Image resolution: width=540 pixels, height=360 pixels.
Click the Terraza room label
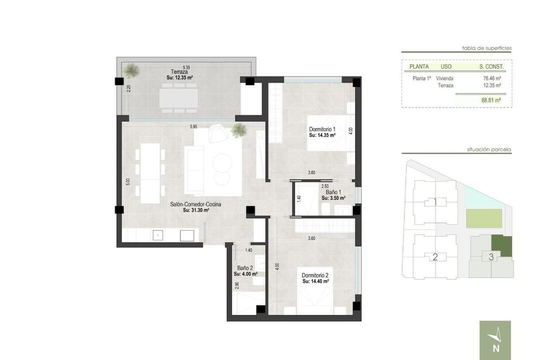[x=179, y=72]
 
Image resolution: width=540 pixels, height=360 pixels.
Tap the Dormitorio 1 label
[x=322, y=129]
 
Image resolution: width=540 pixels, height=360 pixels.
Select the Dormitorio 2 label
[x=315, y=275]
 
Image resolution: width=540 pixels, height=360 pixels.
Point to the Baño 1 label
[x=333, y=192]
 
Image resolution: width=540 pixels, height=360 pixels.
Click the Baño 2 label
[x=245, y=268]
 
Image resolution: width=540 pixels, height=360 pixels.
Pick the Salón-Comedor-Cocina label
[x=195, y=204]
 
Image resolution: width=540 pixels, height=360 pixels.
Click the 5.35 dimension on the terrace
[x=186, y=67]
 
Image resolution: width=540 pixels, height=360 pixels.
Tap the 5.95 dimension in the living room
[x=193, y=127]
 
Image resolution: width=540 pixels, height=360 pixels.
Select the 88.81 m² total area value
[x=491, y=100]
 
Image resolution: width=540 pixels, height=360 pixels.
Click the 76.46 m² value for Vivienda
[x=492, y=78]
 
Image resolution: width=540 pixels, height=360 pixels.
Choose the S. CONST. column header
[x=491, y=66]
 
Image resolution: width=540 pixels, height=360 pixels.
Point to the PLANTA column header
[x=419, y=66]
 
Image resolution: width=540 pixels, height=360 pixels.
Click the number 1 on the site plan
[x=435, y=202]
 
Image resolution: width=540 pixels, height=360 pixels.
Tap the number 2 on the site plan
[x=435, y=256]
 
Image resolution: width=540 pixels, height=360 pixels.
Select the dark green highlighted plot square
[x=501, y=245]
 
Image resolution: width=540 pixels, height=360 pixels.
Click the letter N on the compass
[x=496, y=348]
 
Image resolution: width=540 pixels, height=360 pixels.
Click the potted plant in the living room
[x=238, y=130]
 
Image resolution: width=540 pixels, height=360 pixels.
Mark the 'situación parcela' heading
[x=489, y=150]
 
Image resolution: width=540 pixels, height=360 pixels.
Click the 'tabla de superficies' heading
[x=486, y=48]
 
